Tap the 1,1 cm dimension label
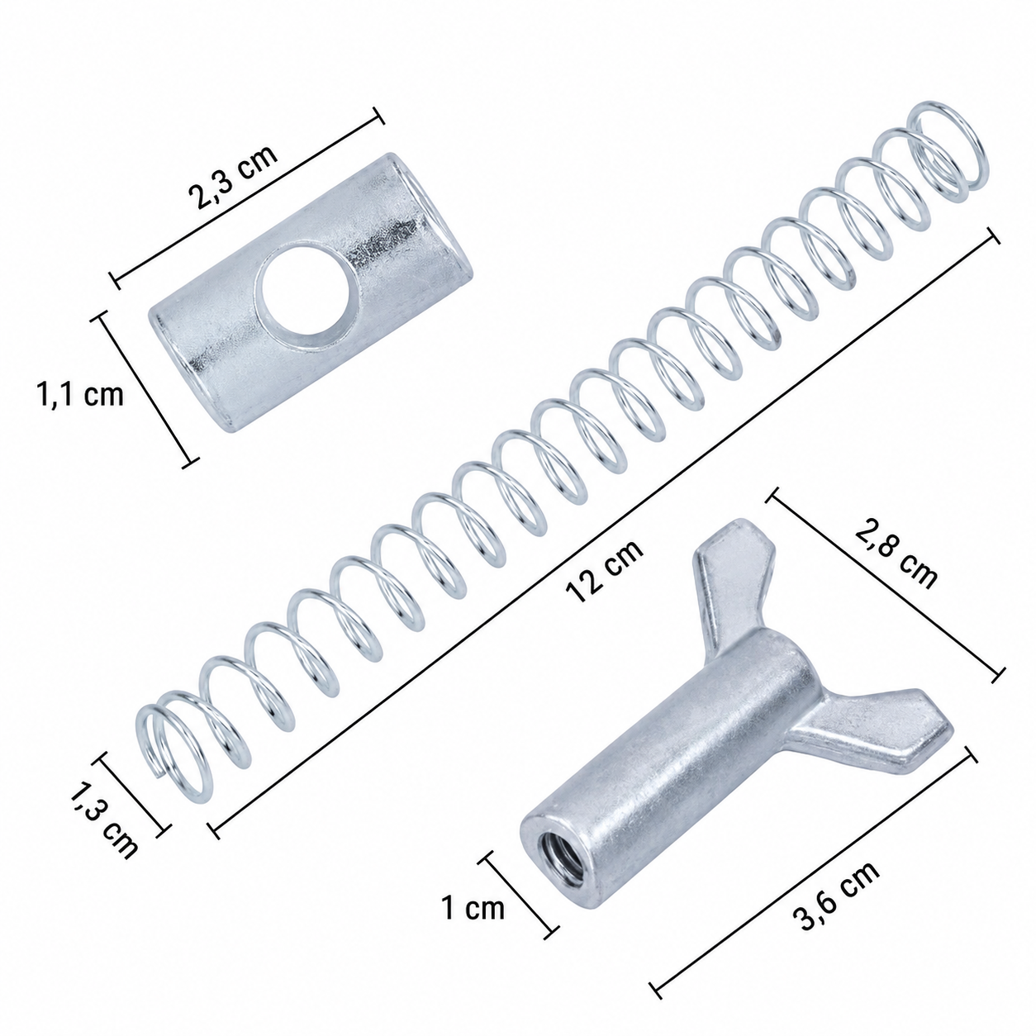[x=79, y=395]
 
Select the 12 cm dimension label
[x=604, y=572]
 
